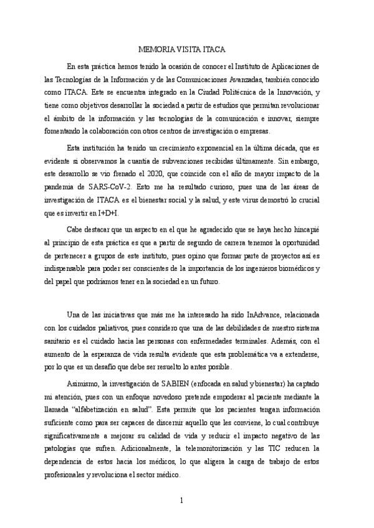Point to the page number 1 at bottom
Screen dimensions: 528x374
coord(181,500)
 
